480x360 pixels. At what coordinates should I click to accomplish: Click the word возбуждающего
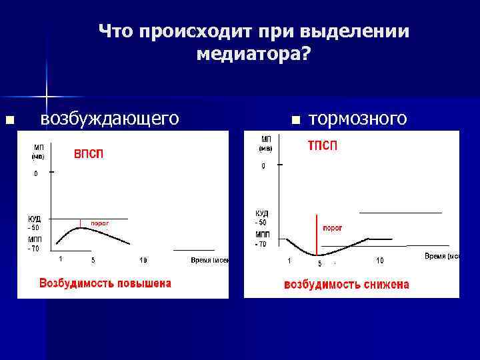[x=109, y=118]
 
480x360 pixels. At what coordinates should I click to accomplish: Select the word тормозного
[x=358, y=119]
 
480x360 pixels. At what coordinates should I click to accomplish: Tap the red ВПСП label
[x=88, y=154]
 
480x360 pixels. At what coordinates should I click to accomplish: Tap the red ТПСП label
[x=322, y=146]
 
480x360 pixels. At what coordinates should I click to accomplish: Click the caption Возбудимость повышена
[x=105, y=283]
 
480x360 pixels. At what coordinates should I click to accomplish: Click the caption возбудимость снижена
[x=347, y=285]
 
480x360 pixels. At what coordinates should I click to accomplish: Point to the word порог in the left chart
[x=99, y=223]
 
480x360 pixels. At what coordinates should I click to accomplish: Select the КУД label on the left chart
[x=35, y=219]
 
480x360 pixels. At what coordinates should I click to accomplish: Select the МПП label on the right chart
[x=262, y=235]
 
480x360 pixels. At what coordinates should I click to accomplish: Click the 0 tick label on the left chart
[x=37, y=173]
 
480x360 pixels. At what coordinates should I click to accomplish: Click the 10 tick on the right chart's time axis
[x=379, y=260]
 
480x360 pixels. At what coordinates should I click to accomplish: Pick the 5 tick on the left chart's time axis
[x=93, y=259]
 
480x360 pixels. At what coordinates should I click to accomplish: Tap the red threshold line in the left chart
[x=80, y=223]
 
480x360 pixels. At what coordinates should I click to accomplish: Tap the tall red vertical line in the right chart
[x=316, y=233]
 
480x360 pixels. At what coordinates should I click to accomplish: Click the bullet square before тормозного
[x=295, y=121]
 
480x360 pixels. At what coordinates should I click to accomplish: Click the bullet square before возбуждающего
[x=9, y=121]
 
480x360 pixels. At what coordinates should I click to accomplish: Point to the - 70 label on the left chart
[x=33, y=248]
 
